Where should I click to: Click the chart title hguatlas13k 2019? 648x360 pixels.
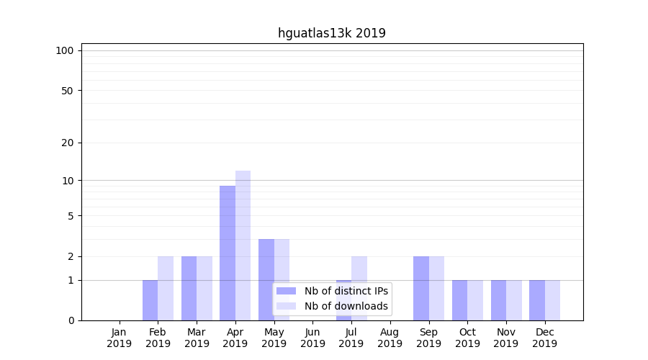coord(331,33)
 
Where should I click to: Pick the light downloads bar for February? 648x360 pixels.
coord(166,288)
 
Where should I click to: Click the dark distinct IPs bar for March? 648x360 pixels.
coord(189,288)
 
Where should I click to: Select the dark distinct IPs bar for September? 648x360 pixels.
coord(420,288)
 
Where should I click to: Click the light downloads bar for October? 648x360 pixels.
coord(475,300)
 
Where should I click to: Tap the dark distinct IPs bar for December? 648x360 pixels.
coord(537,300)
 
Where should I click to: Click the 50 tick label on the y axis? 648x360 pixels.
coord(68,91)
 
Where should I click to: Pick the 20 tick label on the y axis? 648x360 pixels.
coord(68,143)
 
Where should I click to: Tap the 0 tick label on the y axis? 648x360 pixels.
coord(71,320)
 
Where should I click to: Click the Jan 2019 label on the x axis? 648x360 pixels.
coord(120,338)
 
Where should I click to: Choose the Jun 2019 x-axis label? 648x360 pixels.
coord(312,338)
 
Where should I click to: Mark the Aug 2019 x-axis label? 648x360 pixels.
coord(390,338)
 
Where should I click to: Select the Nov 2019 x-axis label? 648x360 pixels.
coord(506,338)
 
